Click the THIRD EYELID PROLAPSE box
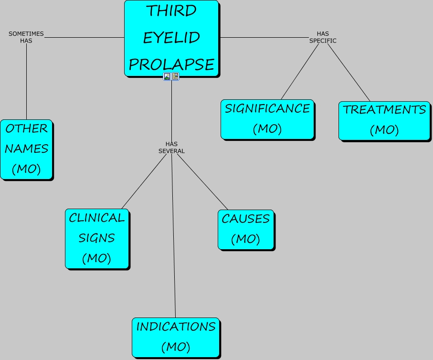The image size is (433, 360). [171, 38]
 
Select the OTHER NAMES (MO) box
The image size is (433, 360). [27, 149]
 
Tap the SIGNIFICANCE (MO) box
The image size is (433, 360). [267, 119]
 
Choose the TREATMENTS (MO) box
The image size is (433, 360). [384, 121]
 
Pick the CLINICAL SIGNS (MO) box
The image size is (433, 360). [97, 239]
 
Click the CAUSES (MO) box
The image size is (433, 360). [246, 230]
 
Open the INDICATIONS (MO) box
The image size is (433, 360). [176, 338]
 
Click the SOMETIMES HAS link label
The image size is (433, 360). [26, 37]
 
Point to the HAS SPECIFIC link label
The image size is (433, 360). [323, 37]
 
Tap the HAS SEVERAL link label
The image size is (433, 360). [171, 148]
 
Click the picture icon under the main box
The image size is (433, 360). [167, 76]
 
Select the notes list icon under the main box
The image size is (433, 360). [175, 76]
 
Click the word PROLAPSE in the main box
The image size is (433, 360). [171, 64]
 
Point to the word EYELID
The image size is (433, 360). [171, 38]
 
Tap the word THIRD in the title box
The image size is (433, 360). [171, 11]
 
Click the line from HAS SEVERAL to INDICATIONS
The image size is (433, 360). [174, 236]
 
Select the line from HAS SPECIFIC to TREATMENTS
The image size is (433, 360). [349, 73]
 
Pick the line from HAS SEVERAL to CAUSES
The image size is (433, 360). [202, 182]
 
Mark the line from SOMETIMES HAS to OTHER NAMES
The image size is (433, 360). [27, 82]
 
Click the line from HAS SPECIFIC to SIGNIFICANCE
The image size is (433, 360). [300, 72]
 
